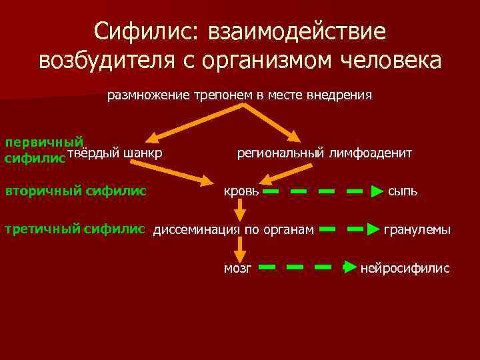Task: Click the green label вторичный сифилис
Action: [x=75, y=191]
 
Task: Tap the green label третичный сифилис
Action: [x=75, y=229]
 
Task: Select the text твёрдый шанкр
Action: [x=115, y=153]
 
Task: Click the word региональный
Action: [x=281, y=153]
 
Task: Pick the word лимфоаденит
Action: [x=370, y=153]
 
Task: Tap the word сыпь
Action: [x=403, y=191]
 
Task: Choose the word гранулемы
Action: [x=417, y=230]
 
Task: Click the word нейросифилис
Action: [x=405, y=268]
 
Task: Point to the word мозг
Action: [x=237, y=268]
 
